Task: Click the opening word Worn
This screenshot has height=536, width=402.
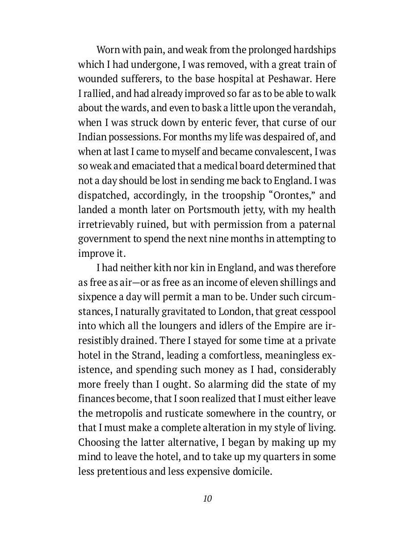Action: click(x=108, y=50)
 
